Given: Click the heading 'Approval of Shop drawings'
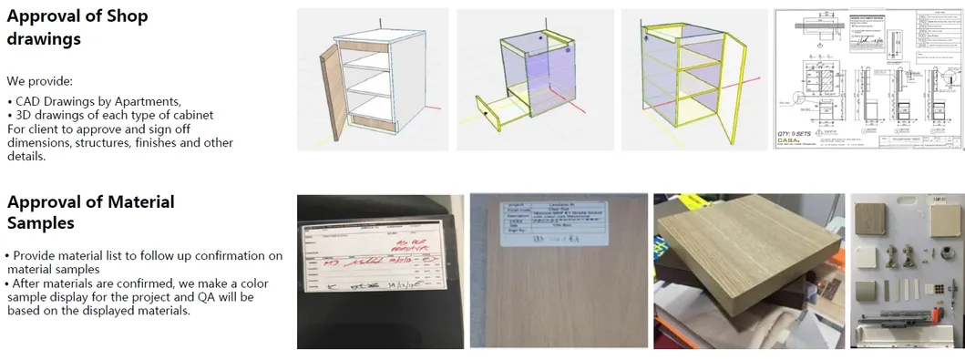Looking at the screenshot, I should pyautogui.click(x=77, y=27).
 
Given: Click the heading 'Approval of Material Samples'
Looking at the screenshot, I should pyautogui.click(x=90, y=211).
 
